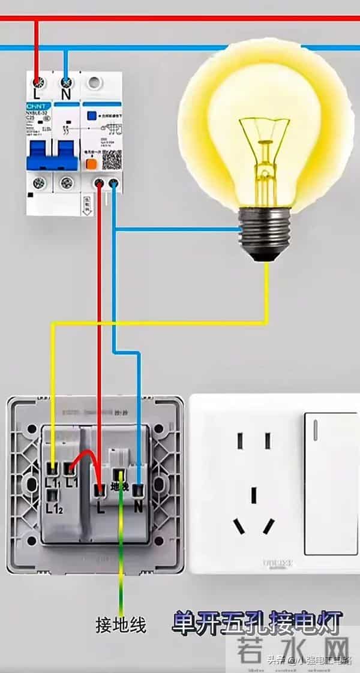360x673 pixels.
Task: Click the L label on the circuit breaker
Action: point(37,95)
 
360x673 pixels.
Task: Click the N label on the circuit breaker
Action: point(66,95)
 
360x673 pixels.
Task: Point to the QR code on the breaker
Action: point(112,159)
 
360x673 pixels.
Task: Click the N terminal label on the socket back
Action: point(139,507)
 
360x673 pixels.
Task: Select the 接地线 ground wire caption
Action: point(121,626)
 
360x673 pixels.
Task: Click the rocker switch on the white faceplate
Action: point(331,483)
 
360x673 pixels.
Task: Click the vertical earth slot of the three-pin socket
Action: point(254,495)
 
